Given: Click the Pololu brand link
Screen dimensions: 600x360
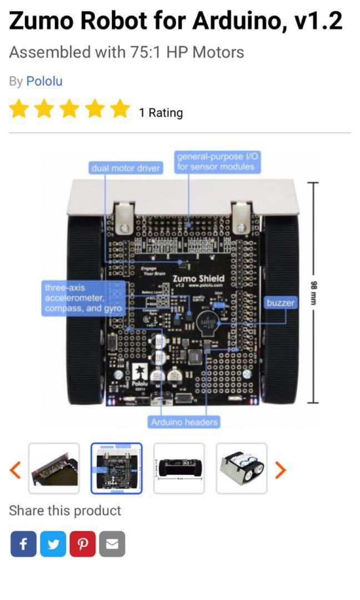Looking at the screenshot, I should click(44, 81).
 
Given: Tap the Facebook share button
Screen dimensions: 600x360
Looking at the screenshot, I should click(23, 544).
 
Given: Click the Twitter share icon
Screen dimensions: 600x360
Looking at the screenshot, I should click(53, 544).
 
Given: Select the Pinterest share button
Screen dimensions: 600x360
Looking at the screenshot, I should click(82, 544).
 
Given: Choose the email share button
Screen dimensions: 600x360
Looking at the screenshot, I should click(112, 544).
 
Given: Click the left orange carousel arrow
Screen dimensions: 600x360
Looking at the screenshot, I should click(16, 469).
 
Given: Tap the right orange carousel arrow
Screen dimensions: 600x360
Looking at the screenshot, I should click(281, 469).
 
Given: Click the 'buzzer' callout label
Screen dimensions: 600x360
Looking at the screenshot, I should click(280, 303).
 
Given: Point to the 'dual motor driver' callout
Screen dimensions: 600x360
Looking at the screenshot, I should click(126, 168).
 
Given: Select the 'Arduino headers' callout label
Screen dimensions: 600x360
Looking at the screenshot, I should click(184, 422).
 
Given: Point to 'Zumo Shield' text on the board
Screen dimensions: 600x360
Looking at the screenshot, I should click(198, 278).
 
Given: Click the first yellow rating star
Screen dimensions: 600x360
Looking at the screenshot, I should click(19, 109).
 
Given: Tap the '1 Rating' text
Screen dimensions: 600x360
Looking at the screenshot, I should click(161, 113).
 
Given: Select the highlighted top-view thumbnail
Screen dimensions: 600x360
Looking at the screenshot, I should click(117, 468).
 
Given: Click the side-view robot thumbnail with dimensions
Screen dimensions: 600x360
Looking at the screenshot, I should click(179, 468).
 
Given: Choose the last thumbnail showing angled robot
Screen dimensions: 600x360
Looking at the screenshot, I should click(242, 468).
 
